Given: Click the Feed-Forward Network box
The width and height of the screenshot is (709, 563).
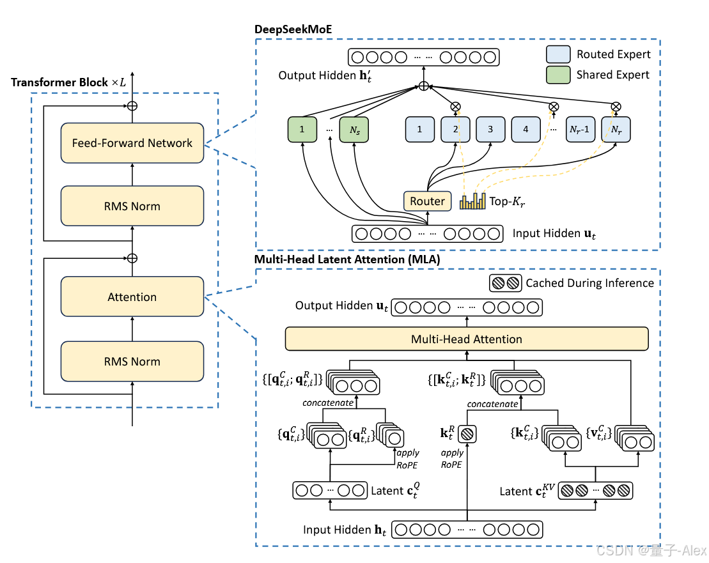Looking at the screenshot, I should [x=132, y=143].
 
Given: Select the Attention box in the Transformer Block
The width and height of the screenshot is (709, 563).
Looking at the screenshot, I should [x=132, y=297].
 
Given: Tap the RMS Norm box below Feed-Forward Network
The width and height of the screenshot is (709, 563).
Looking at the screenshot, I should [x=132, y=206].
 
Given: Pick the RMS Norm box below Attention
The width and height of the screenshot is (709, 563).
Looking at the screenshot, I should [x=132, y=361].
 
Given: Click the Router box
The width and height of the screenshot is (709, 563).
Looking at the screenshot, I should [x=427, y=201].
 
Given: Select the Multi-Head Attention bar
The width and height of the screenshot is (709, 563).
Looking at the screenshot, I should [x=467, y=339].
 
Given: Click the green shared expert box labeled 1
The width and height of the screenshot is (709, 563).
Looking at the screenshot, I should [x=302, y=129].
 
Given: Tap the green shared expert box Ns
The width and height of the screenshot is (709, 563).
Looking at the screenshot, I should [x=354, y=129].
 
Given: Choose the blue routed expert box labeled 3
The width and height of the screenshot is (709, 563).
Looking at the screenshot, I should [x=490, y=129].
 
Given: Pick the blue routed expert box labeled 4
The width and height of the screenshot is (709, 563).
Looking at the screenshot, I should [x=526, y=129].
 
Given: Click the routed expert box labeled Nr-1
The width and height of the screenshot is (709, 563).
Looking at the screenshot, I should [x=580, y=129].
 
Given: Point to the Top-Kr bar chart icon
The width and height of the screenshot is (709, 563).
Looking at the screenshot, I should [x=472, y=201].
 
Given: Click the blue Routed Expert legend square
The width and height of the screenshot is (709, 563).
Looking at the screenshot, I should [x=558, y=54].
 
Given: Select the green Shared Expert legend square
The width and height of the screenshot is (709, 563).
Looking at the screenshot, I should [x=558, y=75].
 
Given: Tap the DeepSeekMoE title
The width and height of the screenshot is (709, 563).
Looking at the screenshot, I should [x=293, y=29].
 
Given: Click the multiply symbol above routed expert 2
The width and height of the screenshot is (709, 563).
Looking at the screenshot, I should [x=456, y=106].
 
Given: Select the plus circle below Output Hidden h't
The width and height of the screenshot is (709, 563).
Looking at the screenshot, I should [x=423, y=86].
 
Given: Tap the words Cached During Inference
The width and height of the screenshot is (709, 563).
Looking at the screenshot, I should [x=589, y=282].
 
